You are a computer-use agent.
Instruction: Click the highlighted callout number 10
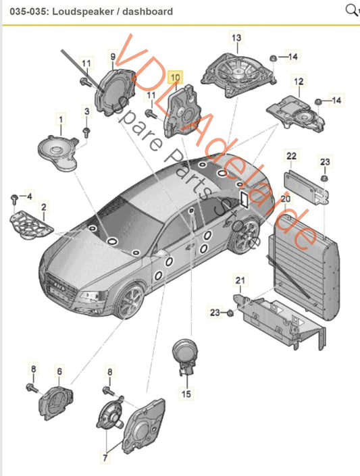click(175, 78)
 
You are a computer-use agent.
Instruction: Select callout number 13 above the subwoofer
click(236, 38)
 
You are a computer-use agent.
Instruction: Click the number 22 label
click(291, 157)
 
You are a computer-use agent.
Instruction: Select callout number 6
click(59, 371)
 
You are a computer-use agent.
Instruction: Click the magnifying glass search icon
click(351, 10)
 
